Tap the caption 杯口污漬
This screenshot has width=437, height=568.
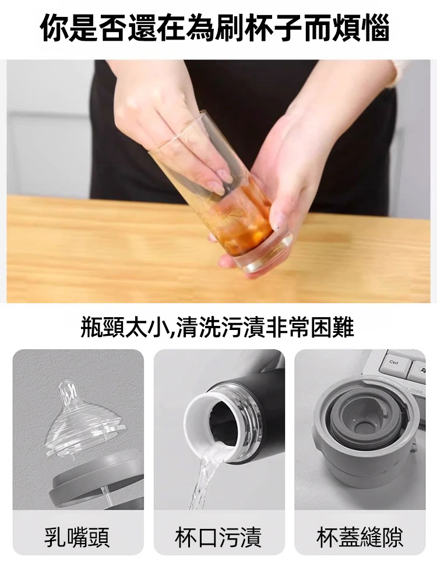coord(218,537)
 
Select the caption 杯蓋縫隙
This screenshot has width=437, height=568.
coord(360,537)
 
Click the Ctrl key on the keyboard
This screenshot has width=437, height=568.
coord(394,363)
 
